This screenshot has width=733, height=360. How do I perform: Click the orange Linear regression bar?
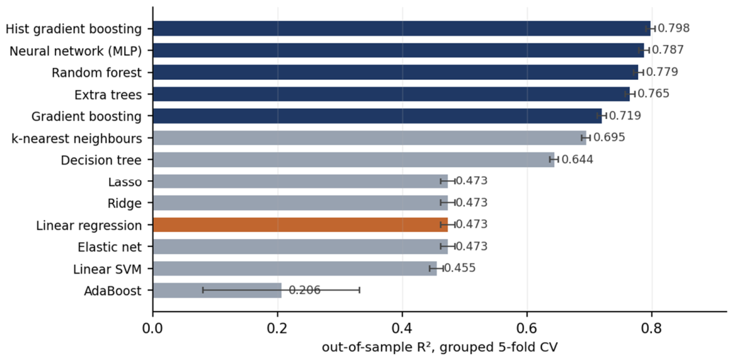(300, 225)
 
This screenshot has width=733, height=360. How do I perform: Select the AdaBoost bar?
(217, 291)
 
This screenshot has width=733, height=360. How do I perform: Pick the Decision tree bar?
(353, 159)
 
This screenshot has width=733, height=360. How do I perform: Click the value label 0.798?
(674, 28)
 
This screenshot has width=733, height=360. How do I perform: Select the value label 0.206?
(304, 291)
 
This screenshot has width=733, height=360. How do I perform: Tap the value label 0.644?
(577, 159)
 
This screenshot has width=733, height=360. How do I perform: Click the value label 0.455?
(460, 268)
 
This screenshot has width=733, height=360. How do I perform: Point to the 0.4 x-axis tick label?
(402, 327)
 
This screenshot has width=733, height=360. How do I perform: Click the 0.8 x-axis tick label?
(651, 327)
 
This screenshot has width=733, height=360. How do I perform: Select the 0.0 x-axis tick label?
(153, 327)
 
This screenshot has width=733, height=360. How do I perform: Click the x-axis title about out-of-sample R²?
(401, 348)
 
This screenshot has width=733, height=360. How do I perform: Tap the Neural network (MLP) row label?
(76, 50)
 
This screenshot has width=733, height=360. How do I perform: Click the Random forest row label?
(97, 73)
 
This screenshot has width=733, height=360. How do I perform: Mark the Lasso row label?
(125, 182)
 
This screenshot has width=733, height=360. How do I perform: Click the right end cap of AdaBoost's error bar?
(359, 291)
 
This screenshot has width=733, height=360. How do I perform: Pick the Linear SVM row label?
(108, 269)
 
